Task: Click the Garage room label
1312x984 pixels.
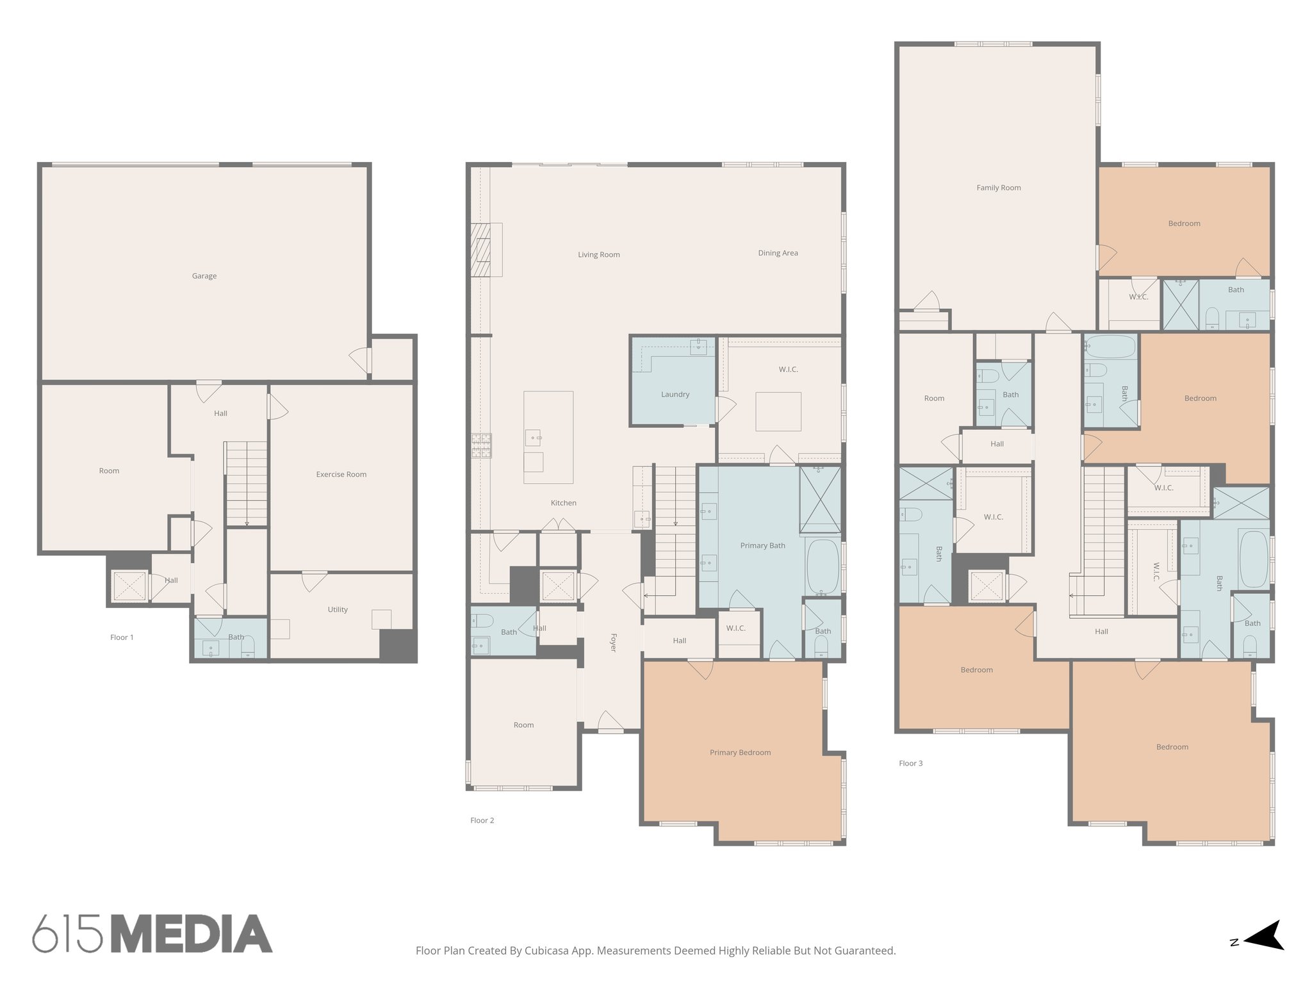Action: [x=204, y=276]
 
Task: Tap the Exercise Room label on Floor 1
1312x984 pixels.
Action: [x=341, y=475]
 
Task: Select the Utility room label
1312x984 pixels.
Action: [x=338, y=609]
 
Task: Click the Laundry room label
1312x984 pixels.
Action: [x=675, y=395]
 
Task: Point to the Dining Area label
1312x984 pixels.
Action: [x=778, y=253]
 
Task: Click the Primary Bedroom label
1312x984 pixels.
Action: [x=740, y=753]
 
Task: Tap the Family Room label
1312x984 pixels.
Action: [x=998, y=188]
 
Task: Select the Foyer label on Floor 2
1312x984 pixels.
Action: [x=613, y=643]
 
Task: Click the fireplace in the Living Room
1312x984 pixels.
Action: [x=481, y=250]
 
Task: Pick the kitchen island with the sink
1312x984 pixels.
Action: [x=548, y=437]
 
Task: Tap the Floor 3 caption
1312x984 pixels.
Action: [x=910, y=763]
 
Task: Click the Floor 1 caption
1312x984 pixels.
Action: [x=122, y=637]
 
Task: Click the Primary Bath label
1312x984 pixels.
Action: [x=762, y=546]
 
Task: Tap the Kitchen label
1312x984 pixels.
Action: [x=563, y=503]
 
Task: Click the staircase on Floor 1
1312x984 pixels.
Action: [x=246, y=484]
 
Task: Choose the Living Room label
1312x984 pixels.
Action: [x=598, y=255]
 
